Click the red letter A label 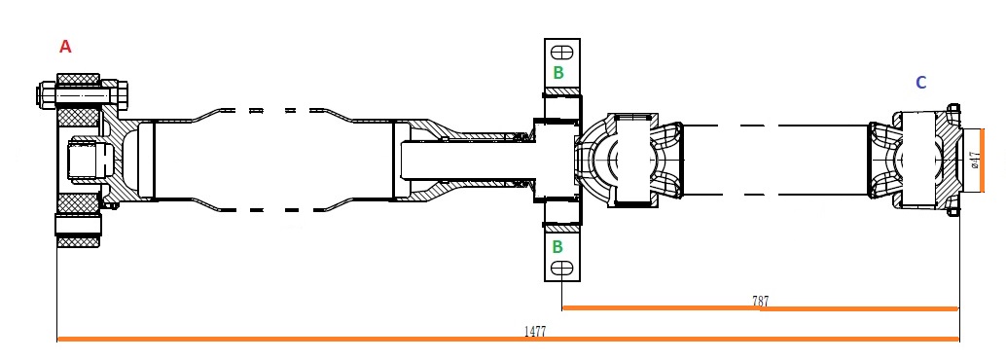coord(65,46)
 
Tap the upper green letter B coord(558,73)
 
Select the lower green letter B coord(557,246)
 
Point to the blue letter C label coord(920,83)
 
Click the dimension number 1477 coord(535,331)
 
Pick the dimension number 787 coord(760,301)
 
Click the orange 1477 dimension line coord(508,339)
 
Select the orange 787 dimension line coord(760,308)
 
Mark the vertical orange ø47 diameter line coord(982,160)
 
